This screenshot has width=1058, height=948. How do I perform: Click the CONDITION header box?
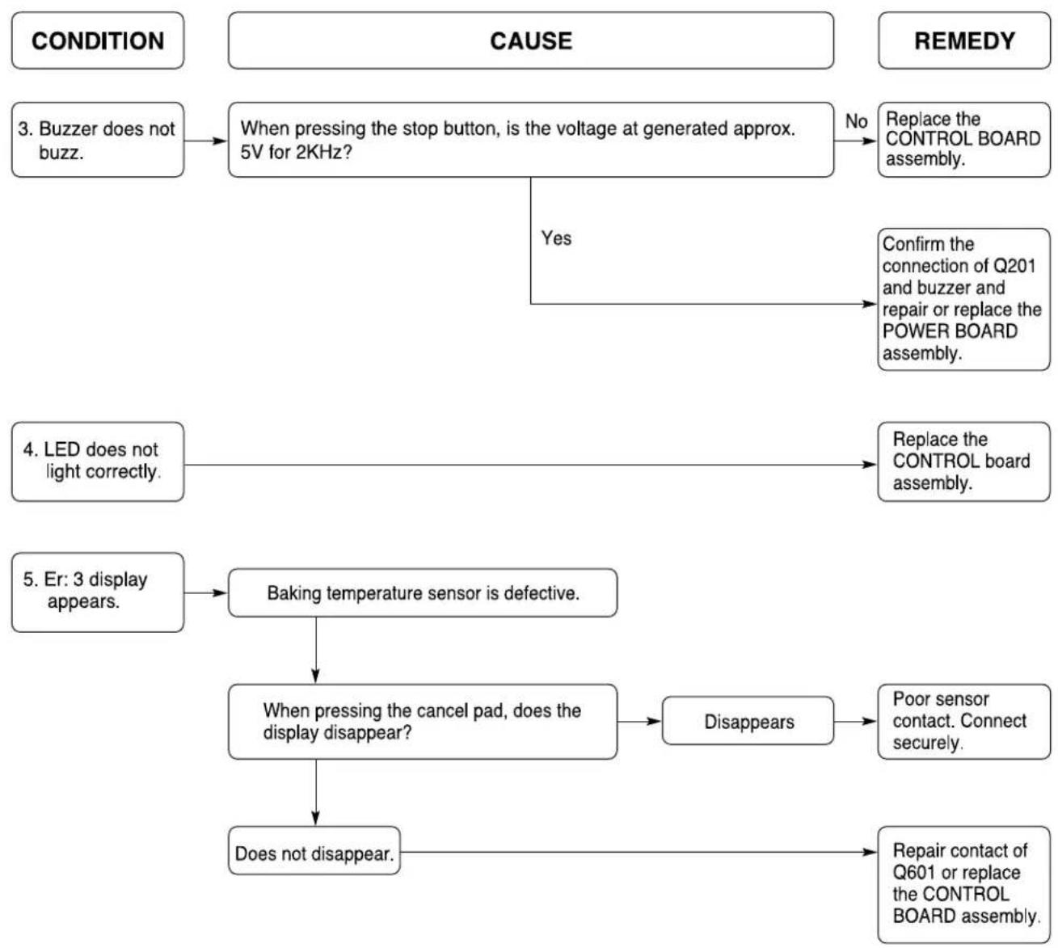click(98, 40)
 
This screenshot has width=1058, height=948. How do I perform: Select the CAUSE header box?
click(530, 40)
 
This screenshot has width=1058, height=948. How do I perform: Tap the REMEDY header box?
click(964, 40)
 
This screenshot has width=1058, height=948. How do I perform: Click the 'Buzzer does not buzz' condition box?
click(98, 140)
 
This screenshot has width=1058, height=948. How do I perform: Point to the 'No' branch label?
click(856, 121)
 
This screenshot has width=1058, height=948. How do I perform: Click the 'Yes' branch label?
click(556, 238)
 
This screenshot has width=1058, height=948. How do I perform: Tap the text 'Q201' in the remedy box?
click(1014, 266)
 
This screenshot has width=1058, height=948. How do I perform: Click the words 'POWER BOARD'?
click(950, 331)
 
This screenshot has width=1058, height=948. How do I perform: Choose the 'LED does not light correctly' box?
click(98, 461)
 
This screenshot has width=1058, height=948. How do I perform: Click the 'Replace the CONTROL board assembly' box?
click(964, 461)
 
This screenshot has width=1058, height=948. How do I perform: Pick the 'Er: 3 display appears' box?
click(98, 592)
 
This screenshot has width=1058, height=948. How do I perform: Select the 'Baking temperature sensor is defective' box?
click(423, 593)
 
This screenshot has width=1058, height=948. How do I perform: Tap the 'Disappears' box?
click(748, 721)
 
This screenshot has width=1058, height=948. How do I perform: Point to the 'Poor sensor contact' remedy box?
click(964, 722)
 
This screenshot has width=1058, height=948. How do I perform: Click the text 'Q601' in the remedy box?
click(913, 872)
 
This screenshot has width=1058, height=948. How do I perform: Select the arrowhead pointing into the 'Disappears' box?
click(654, 722)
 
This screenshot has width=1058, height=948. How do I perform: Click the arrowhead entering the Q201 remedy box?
click(870, 304)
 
